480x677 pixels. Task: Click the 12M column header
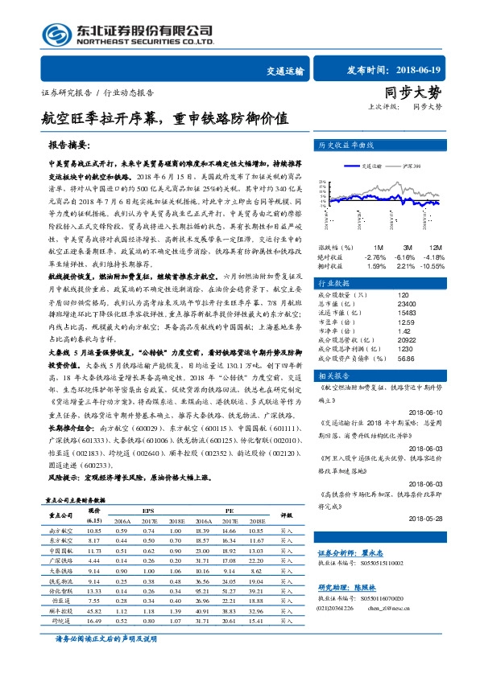[x=436, y=247]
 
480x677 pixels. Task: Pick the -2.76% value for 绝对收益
[x=376, y=256]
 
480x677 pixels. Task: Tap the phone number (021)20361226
[x=335, y=607]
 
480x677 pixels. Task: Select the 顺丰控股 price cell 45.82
[x=94, y=610]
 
